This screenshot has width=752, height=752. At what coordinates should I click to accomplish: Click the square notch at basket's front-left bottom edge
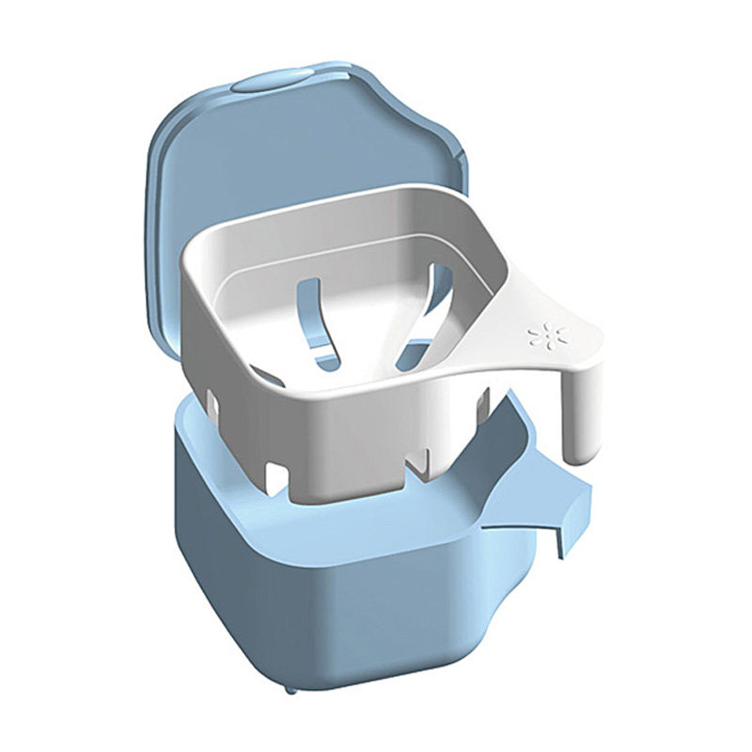276,476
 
